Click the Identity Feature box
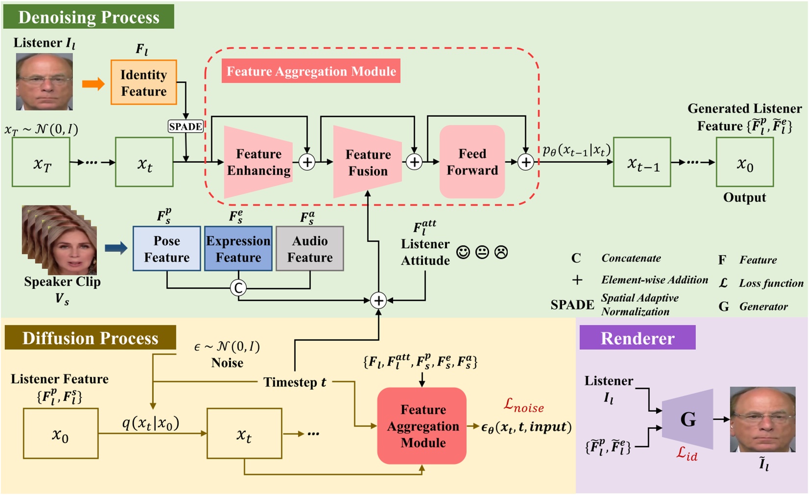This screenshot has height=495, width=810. coord(143,82)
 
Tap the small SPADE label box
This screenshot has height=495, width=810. coord(185,127)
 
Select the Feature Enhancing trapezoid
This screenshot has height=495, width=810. coord(258,162)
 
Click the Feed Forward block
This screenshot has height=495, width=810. coord(472,162)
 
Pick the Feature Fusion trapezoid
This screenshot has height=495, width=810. coord(367,162)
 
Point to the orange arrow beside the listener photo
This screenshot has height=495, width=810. coord(93,84)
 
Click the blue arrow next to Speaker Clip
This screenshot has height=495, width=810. coord(116,248)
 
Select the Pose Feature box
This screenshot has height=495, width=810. coord(167,248)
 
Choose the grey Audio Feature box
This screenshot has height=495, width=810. coord(310,248)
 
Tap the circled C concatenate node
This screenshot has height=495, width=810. coord(238,288)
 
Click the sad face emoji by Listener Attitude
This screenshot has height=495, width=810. coord(501,252)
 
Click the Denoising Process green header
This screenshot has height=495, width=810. coord(89,17)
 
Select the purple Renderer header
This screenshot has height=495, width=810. coord(637,338)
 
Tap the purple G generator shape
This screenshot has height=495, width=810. coord(688,419)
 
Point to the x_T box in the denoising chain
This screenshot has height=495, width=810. coord(41,162)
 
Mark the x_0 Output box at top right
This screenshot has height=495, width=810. coord(744,162)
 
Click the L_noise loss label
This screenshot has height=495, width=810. coord(524,405)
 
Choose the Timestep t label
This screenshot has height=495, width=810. coord(294,382)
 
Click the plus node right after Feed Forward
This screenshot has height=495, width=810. coord(525,162)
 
